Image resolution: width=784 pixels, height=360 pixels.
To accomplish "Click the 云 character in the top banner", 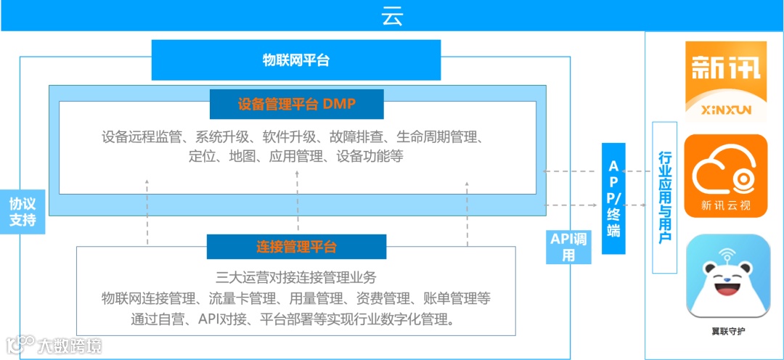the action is coord(392,16).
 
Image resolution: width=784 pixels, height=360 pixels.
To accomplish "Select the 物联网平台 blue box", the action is coord(296,60).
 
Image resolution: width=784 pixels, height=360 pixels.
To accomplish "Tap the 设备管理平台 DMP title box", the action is coord(296,105).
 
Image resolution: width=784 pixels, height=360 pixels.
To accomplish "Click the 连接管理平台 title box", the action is coord(296,247).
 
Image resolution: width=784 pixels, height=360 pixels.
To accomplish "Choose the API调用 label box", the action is coord(569,247).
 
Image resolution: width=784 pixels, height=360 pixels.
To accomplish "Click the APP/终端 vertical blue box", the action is coord(613,198).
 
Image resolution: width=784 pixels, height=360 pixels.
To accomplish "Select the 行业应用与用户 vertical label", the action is coord(664,197).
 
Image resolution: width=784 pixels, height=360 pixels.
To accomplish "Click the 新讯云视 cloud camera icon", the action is coord(725,175).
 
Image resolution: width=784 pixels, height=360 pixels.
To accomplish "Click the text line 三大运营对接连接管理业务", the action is coord(296,277).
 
